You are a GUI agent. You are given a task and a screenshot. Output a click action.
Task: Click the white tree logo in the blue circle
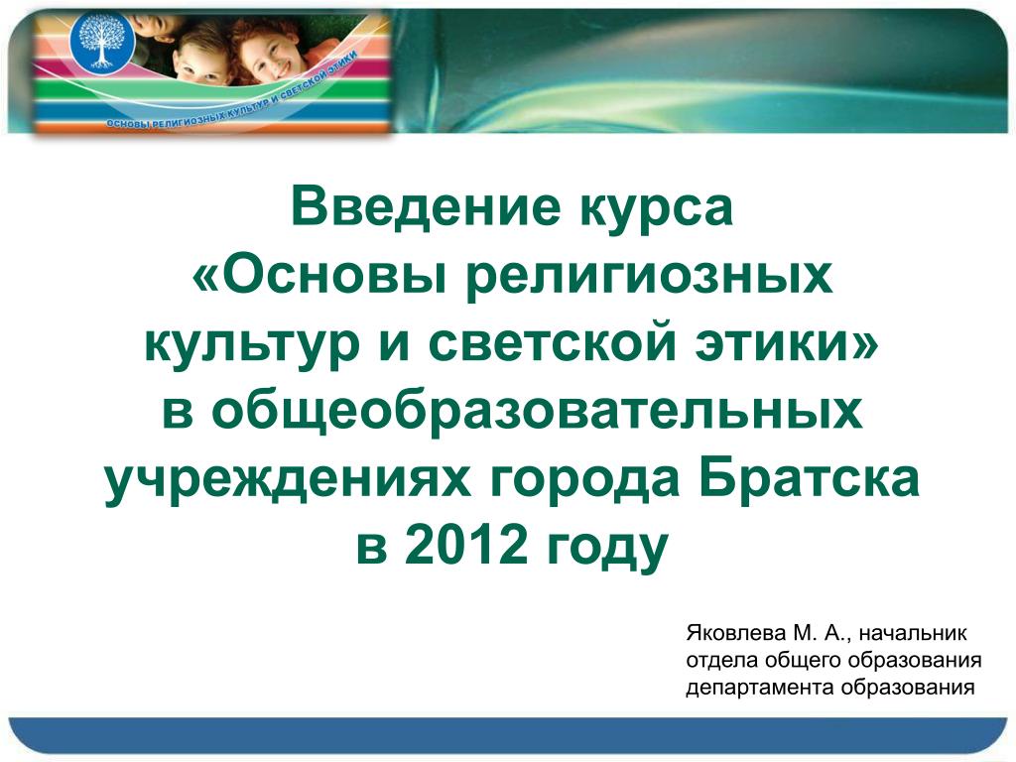[102, 41]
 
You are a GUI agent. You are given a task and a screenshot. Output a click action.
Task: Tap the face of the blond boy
[199, 61]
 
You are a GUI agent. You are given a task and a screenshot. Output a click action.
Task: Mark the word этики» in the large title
[787, 342]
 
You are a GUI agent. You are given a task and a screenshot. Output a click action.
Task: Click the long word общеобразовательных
[537, 411]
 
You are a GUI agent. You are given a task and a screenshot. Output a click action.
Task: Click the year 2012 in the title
[466, 545]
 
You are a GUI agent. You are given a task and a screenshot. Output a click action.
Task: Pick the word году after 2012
[606, 551]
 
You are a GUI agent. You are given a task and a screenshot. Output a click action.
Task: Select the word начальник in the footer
[913, 634]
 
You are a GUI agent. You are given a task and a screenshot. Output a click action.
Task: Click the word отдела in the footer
[722, 661]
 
